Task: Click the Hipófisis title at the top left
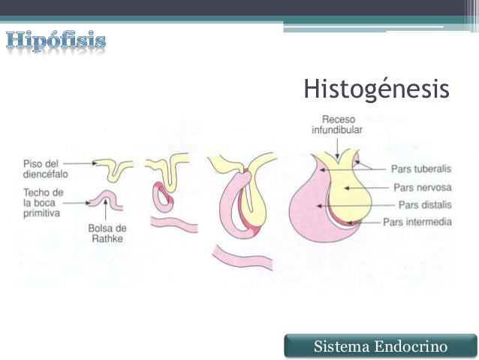[x=56, y=40]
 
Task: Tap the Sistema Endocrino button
[x=381, y=346]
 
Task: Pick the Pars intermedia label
[x=427, y=222]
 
